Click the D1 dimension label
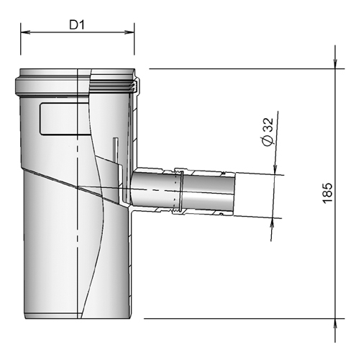tap(78, 24)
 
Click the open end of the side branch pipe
tap(232, 194)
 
